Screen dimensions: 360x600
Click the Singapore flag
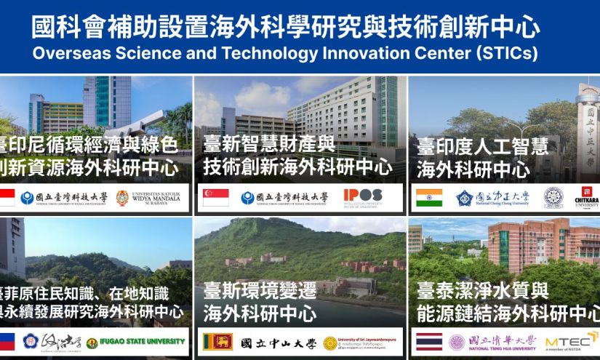[x=215, y=198]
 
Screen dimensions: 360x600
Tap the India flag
[x=428, y=198]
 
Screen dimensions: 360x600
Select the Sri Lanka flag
[x=217, y=342]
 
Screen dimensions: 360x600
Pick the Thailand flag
[x=428, y=342]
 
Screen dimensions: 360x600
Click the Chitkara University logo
[x=586, y=197]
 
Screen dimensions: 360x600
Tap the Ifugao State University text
[x=142, y=342]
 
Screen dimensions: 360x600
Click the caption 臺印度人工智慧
[x=482, y=147]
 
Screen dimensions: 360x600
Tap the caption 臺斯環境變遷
[x=260, y=291]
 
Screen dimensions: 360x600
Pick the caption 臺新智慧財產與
[x=268, y=144]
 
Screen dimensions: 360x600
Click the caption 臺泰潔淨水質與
[x=482, y=292]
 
